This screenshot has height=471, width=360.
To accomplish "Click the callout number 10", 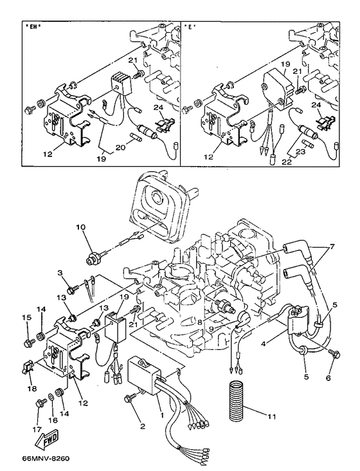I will (x=80, y=226).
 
